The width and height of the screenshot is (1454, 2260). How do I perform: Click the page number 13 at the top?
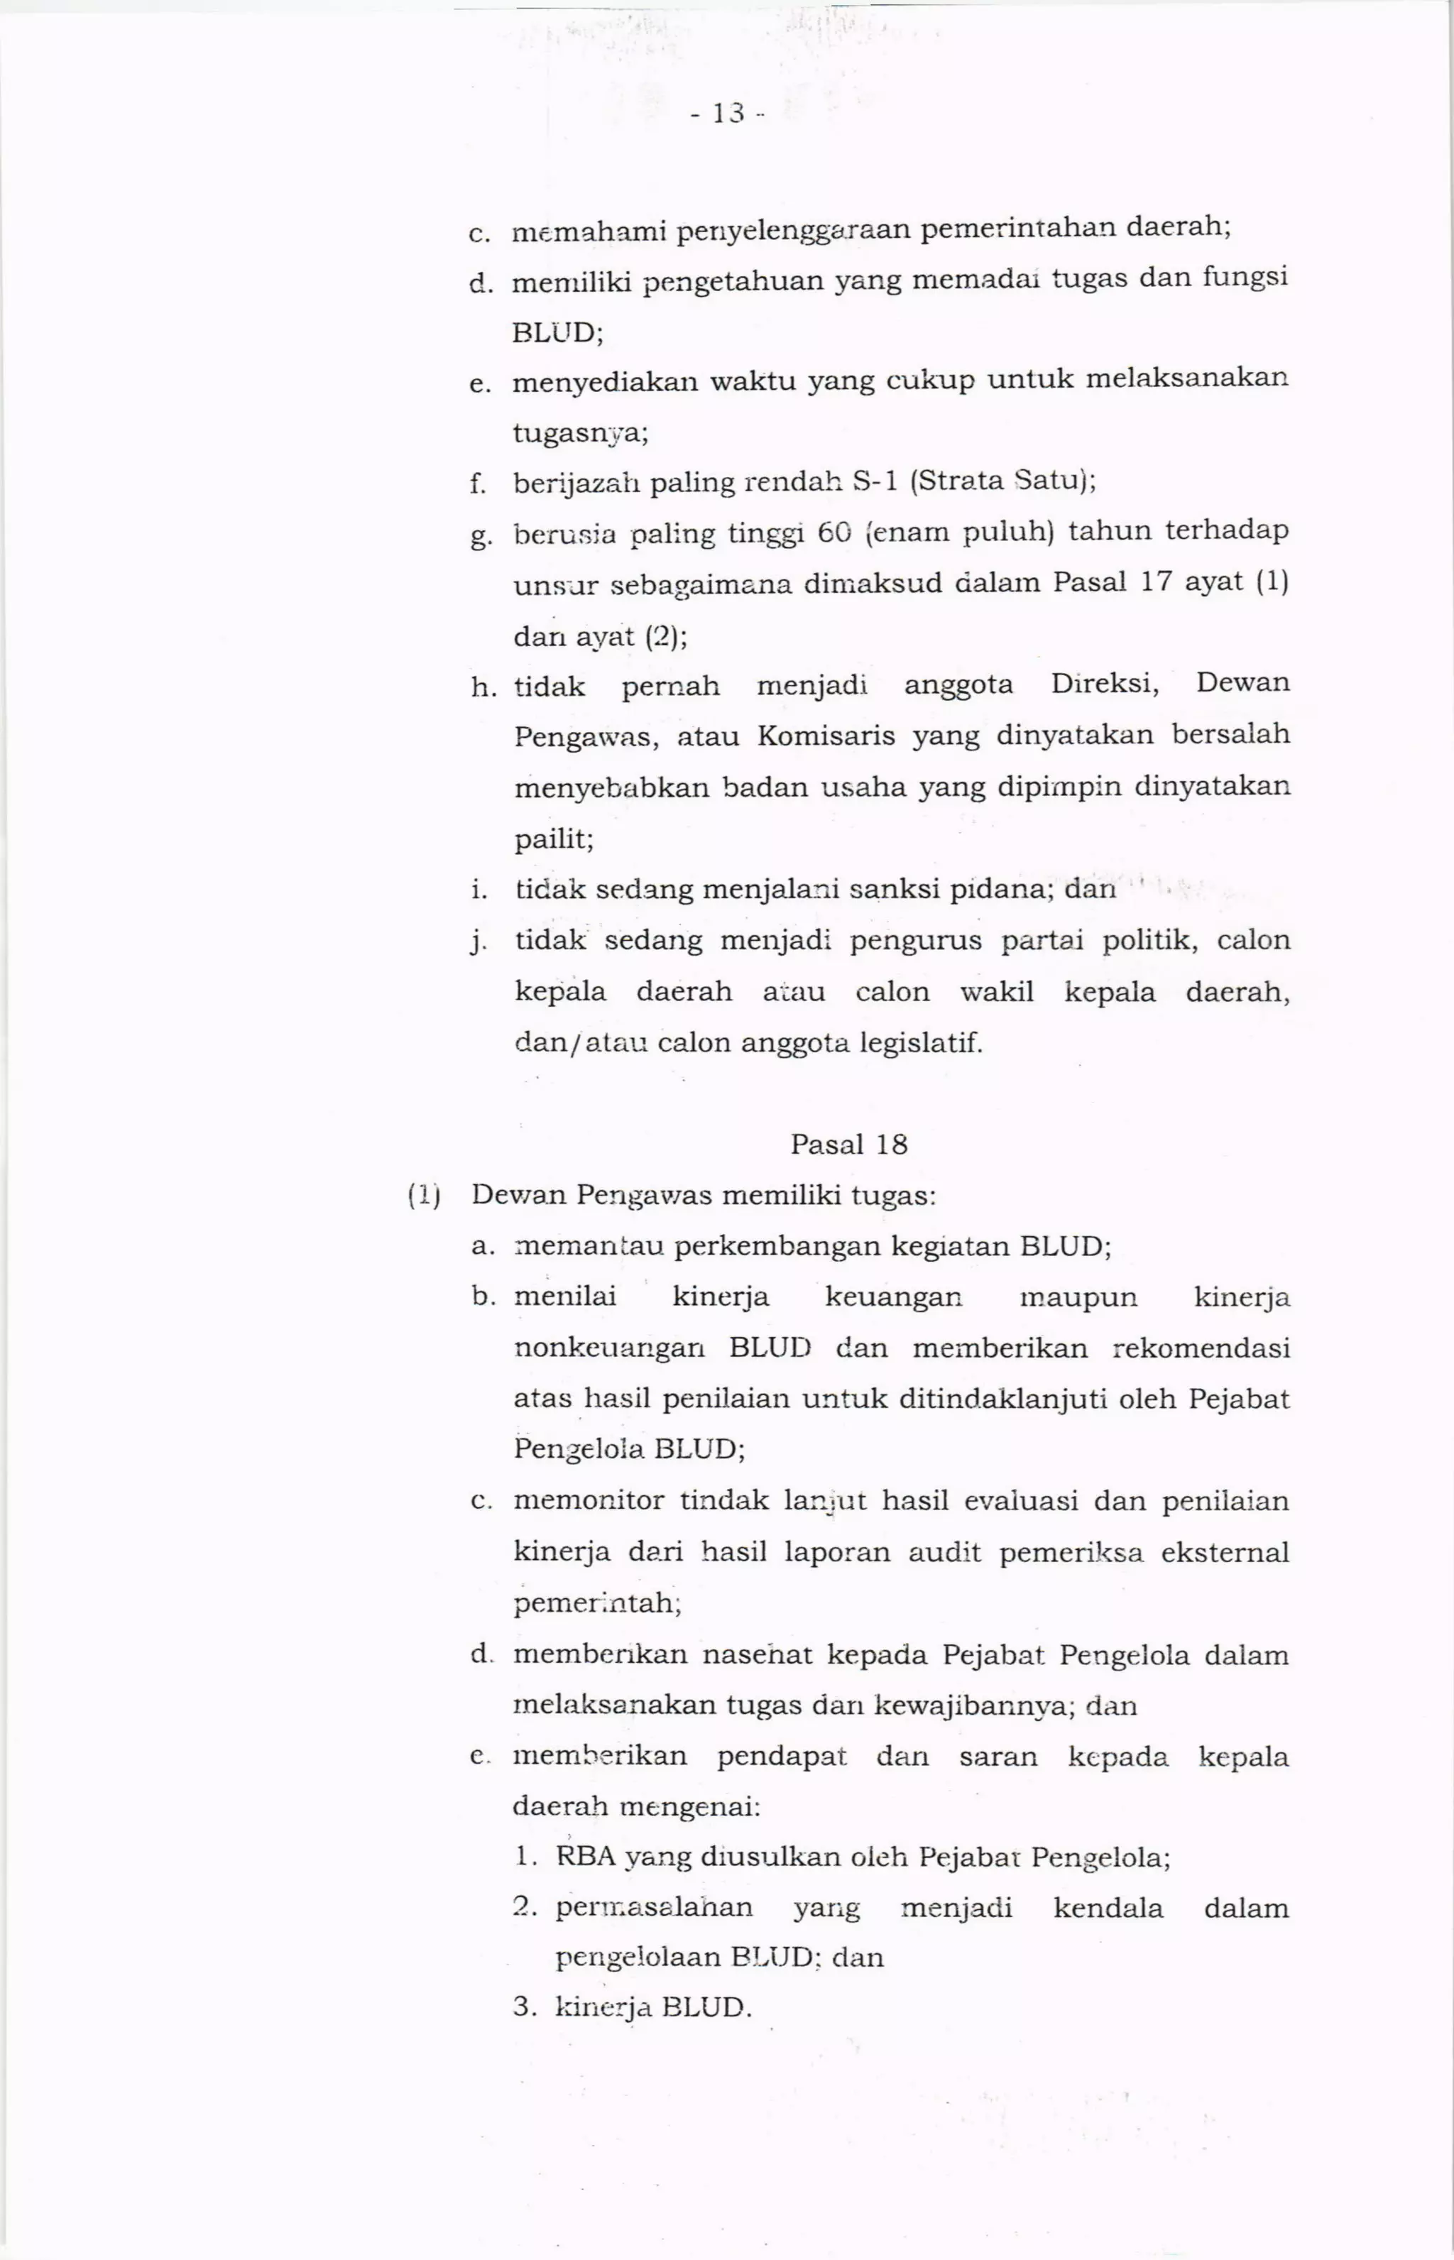click(727, 114)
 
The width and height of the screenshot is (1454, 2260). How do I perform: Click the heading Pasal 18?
click(849, 1145)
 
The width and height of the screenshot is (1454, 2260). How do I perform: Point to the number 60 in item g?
click(835, 533)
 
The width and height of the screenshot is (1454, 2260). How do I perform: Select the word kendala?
click(1108, 1908)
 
